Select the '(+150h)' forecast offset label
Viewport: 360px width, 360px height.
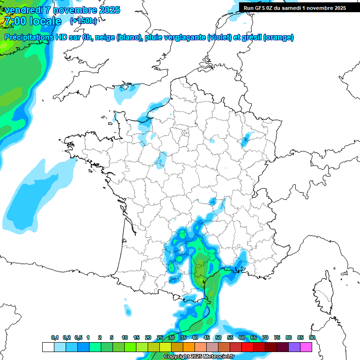[83, 21]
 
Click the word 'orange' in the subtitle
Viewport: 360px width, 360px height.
[279, 37]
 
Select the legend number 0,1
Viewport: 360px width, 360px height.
[55, 338]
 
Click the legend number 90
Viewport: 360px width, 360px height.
[312, 338]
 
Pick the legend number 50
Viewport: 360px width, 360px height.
[218, 338]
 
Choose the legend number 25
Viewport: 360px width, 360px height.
[159, 338]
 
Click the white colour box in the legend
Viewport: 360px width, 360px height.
[48, 347]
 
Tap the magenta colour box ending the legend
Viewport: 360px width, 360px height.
[306, 347]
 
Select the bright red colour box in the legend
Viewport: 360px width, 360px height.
[247, 347]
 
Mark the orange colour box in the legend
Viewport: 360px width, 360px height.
[188, 347]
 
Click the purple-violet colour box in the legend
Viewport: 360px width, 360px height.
[294, 347]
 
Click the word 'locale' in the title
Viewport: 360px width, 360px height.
[45, 21]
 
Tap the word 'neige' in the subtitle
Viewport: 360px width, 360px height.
[105, 37]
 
